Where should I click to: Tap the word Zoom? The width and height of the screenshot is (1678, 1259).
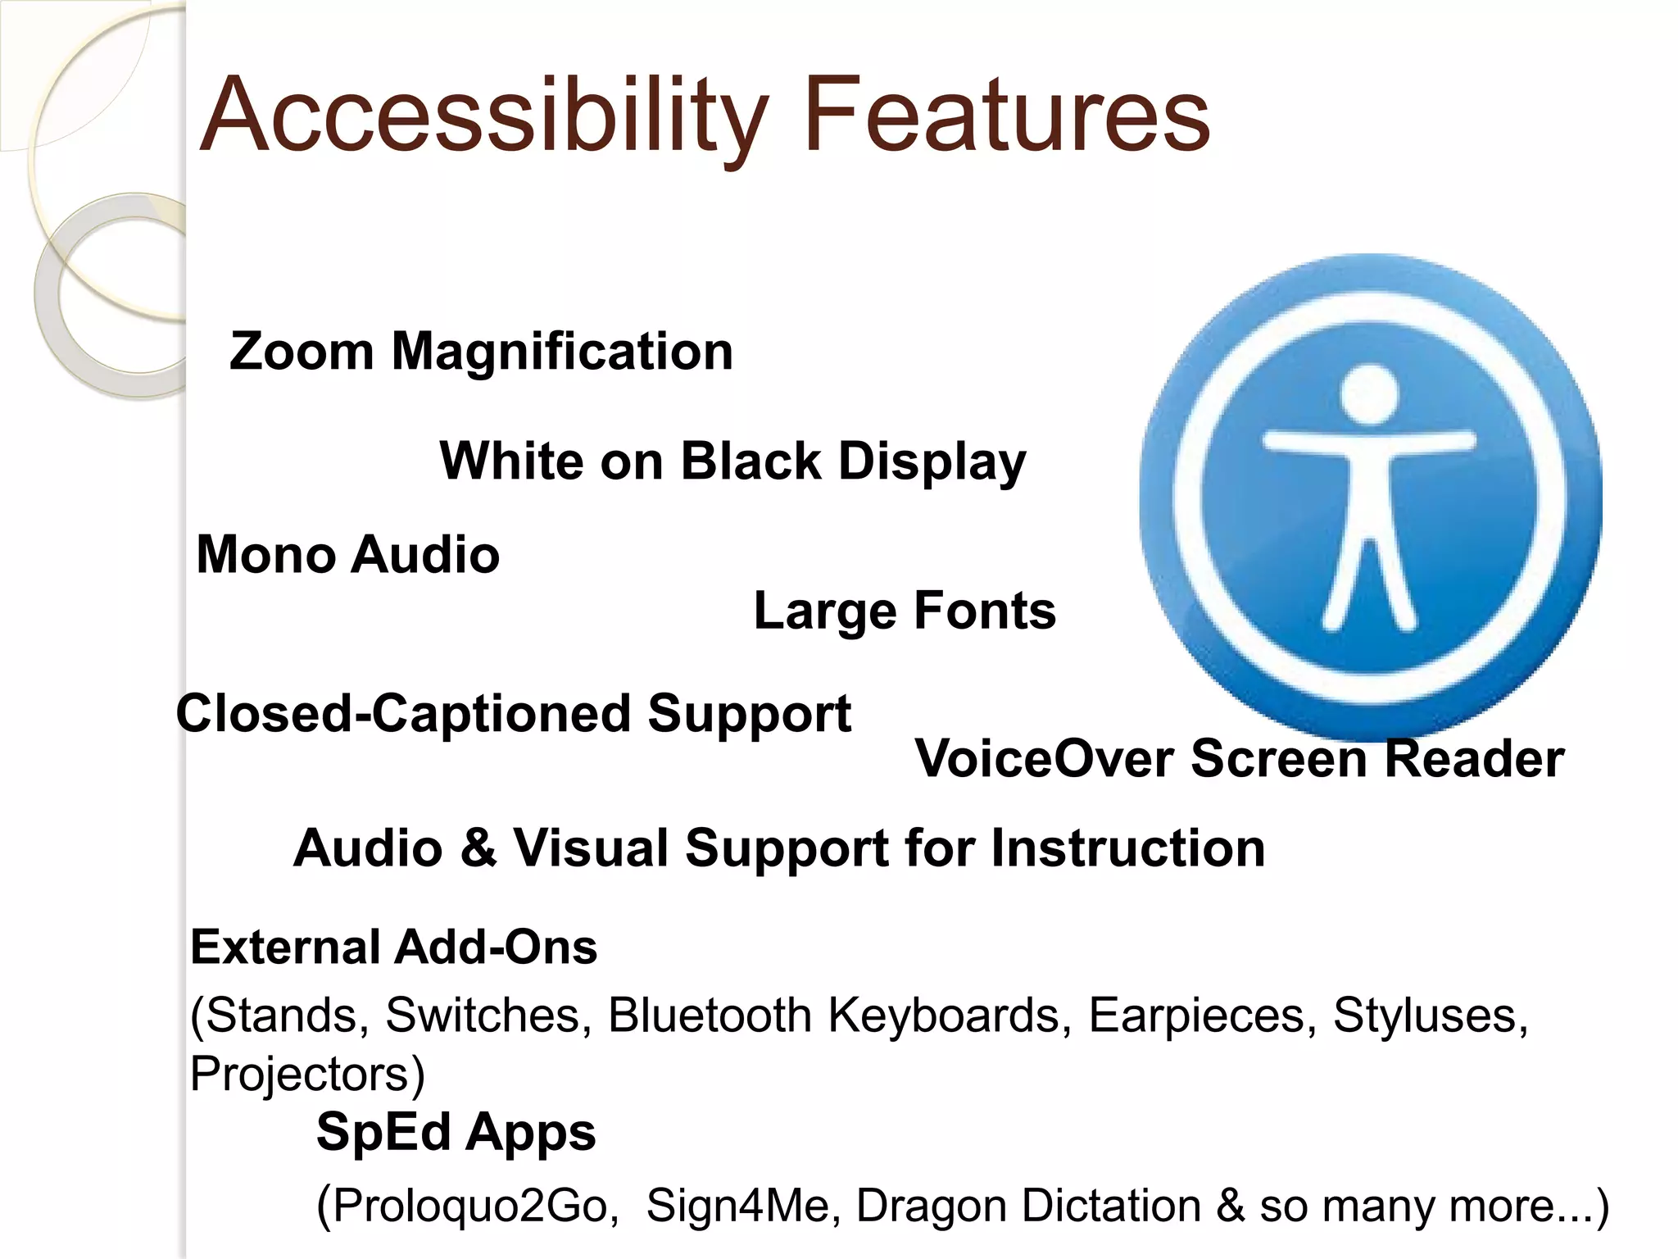click(302, 352)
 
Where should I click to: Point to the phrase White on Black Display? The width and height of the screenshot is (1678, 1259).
click(732, 461)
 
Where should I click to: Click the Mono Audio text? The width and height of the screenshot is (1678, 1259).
click(347, 555)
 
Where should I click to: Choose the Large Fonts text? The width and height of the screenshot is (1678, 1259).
click(905, 611)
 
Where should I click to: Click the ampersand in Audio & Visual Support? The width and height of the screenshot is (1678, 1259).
click(478, 848)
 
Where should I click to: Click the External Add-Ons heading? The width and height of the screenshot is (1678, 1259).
click(393, 948)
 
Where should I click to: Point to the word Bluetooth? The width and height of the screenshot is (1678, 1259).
click(710, 1016)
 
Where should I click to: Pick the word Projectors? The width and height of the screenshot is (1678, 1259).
click(300, 1075)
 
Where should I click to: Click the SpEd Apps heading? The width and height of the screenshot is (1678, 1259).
click(456, 1133)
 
